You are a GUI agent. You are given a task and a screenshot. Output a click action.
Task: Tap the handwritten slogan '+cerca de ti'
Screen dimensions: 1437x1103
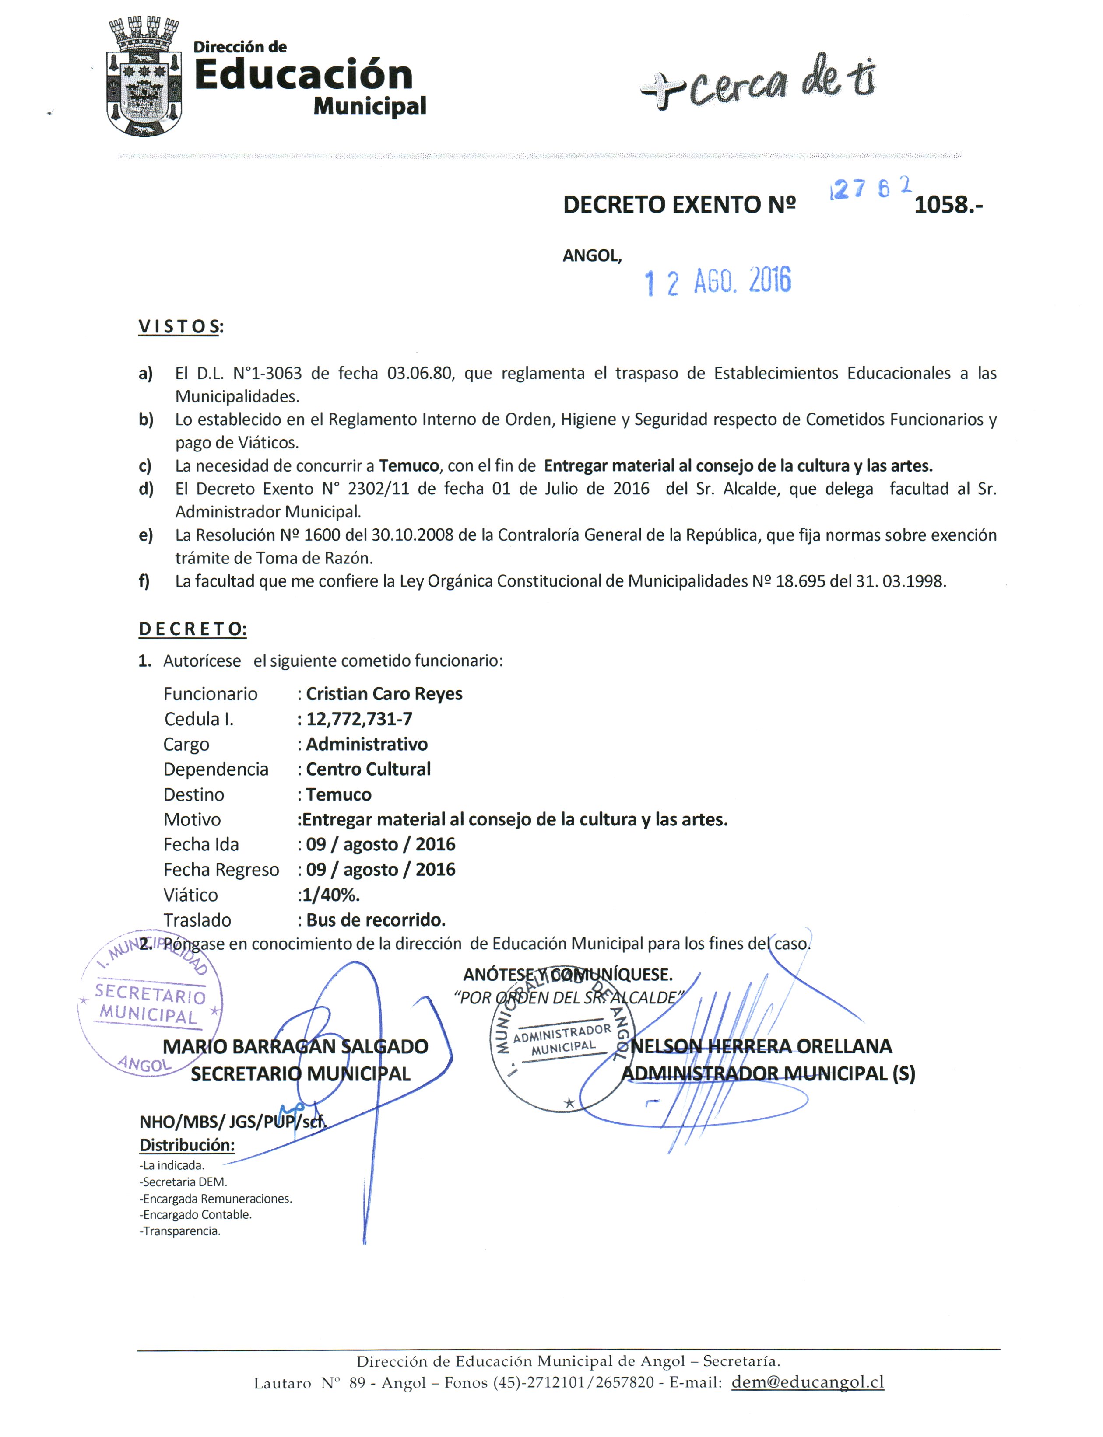tap(758, 83)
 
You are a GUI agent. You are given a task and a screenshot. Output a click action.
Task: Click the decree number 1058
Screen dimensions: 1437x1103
tap(947, 206)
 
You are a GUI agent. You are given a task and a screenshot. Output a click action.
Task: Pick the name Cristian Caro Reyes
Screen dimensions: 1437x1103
tap(384, 694)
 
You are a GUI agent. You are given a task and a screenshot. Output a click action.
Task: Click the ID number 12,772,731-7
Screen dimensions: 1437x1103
tap(359, 719)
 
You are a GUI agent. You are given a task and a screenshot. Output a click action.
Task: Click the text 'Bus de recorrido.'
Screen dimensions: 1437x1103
tap(376, 920)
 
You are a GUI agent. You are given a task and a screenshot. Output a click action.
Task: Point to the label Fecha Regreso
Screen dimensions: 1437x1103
tap(221, 870)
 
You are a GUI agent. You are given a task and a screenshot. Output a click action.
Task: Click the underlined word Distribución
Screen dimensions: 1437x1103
tap(187, 1145)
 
